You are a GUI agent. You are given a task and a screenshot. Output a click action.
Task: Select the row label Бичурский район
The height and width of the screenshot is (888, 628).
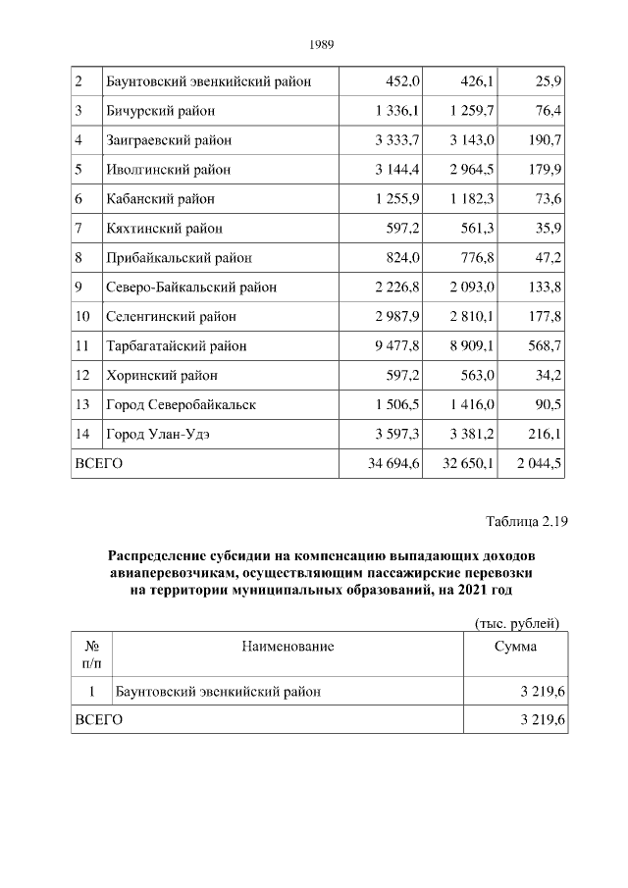point(160,111)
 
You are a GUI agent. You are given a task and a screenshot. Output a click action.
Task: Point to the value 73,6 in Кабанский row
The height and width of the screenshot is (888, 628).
point(545,199)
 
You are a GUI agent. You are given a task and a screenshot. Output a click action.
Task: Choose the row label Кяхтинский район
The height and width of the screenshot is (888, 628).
point(164,229)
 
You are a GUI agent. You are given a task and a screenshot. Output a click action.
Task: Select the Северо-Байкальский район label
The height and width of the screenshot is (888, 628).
point(191,287)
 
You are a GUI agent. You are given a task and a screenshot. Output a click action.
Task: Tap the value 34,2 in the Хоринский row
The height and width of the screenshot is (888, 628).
point(545,376)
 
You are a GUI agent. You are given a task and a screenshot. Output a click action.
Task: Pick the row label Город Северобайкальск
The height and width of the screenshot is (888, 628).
point(181,405)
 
